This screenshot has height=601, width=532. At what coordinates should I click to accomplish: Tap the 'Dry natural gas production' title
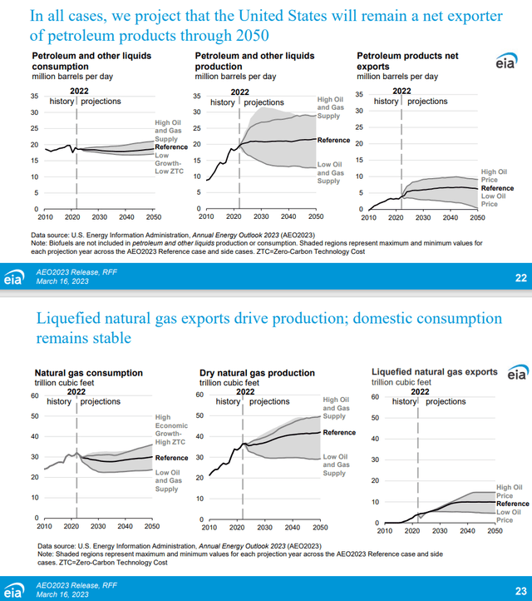point(257,373)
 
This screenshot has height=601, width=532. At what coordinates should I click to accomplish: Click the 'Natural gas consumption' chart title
point(88,373)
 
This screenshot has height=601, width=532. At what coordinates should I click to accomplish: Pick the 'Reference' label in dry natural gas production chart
point(339,433)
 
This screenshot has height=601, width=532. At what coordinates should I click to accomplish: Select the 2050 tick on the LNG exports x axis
point(494,530)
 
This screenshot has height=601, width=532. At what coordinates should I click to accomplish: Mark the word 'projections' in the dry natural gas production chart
point(269,401)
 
